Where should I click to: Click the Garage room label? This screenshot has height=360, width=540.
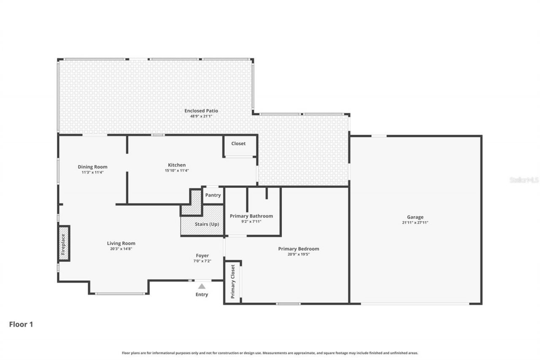[x=415, y=217]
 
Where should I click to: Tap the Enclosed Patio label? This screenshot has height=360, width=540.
[x=201, y=111]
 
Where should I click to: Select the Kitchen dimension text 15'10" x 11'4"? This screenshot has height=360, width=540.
[x=177, y=171]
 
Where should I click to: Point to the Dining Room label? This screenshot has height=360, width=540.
[x=92, y=167]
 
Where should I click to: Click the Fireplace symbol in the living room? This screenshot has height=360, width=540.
[x=63, y=243]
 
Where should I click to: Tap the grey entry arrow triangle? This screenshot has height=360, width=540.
[x=202, y=286]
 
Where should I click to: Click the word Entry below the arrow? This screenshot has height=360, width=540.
[x=202, y=295]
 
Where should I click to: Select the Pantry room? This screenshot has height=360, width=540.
[x=213, y=195]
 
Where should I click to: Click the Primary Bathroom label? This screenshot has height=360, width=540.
[x=251, y=216]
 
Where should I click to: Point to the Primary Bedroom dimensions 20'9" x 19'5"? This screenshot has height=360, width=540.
[x=298, y=254]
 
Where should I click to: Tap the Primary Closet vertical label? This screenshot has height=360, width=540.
[x=232, y=282]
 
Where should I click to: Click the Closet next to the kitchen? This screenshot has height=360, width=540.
[x=238, y=143]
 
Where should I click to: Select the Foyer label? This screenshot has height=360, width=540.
[x=202, y=255]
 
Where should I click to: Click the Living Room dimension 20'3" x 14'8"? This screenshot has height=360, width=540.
[x=121, y=249]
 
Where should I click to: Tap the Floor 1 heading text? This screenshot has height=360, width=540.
[x=21, y=324]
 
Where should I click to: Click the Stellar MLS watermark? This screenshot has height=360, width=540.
[x=524, y=180]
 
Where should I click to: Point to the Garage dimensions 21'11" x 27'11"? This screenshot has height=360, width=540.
[x=415, y=222]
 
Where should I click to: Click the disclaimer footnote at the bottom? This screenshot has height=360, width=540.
[x=270, y=353]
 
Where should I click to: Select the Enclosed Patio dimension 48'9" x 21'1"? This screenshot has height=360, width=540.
[x=201, y=116]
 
